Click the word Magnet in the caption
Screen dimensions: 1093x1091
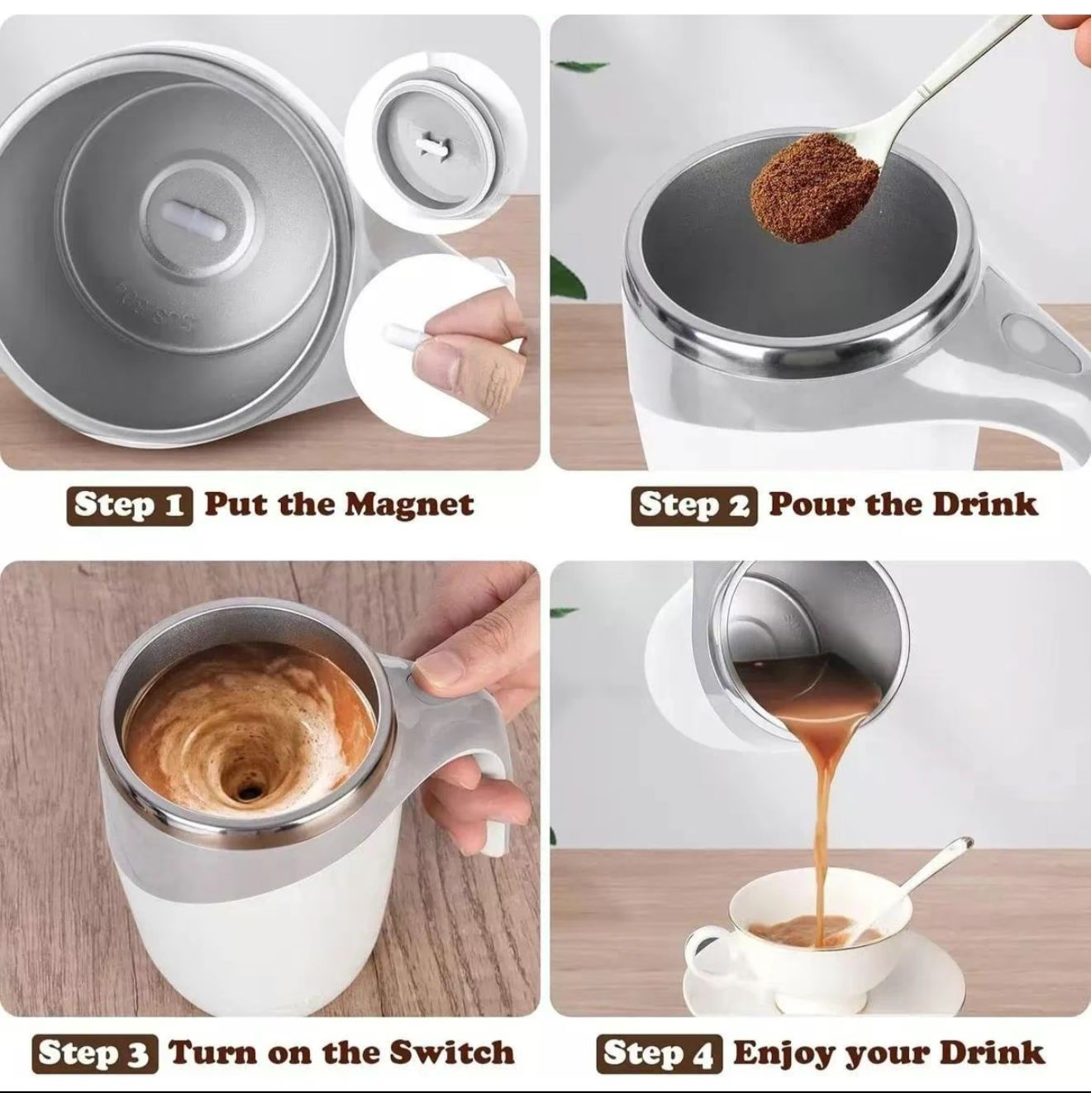(409, 504)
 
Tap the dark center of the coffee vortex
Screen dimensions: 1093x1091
(245, 793)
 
